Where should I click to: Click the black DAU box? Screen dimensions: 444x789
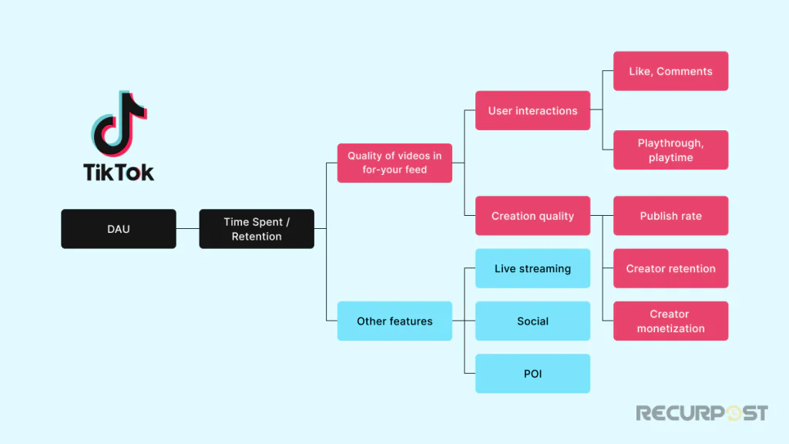tap(118, 229)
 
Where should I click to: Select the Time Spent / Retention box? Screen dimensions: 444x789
tap(257, 229)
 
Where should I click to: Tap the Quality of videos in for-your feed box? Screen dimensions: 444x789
tap(394, 163)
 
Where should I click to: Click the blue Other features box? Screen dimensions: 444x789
tap(394, 321)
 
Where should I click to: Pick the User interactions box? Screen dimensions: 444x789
tap(532, 110)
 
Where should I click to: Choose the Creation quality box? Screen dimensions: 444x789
tap(532, 216)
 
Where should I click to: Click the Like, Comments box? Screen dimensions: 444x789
tap(670, 71)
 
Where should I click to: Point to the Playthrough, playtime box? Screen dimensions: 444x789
tap(670, 150)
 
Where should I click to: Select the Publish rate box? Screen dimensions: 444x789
tap(670, 216)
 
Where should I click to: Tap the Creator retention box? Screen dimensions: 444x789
tap(670, 268)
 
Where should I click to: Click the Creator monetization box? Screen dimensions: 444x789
tap(670, 321)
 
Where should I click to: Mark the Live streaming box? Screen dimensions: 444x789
tap(532, 268)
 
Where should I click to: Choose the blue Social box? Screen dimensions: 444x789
tap(532, 321)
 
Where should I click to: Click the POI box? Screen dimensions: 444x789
tap(532, 373)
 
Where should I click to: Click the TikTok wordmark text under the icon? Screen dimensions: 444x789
tap(119, 172)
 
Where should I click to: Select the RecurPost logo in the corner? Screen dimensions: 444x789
tap(701, 413)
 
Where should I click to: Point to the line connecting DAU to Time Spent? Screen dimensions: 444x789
tap(187, 229)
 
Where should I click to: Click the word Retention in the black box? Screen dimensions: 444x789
tap(257, 237)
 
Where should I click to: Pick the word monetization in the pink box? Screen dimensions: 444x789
tap(670, 328)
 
